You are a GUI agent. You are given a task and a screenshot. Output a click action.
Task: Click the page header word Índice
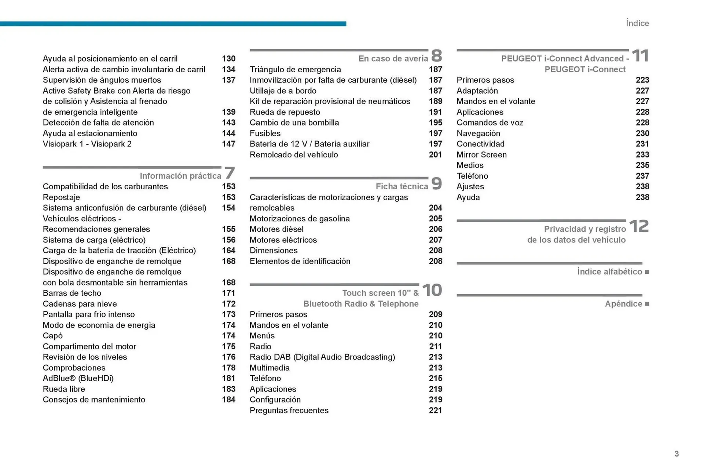(637, 23)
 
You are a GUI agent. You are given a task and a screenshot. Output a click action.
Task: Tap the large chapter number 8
(436, 56)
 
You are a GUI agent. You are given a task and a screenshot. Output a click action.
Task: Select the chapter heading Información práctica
(180, 176)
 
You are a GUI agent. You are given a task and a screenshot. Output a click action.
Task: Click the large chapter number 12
(639, 226)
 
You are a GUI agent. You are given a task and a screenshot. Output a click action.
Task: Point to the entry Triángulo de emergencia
(295, 69)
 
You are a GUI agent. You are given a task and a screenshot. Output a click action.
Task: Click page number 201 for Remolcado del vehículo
(435, 154)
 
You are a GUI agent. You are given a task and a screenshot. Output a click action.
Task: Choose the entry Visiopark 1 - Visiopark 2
(87, 144)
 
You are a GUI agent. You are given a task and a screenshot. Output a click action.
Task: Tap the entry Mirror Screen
(481, 154)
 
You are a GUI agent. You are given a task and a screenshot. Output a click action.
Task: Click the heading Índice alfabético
(609, 272)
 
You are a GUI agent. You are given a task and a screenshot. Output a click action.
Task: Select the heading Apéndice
(623, 304)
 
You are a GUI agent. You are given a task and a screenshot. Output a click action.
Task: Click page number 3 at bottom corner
(676, 453)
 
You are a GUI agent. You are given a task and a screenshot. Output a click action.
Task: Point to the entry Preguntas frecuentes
(289, 410)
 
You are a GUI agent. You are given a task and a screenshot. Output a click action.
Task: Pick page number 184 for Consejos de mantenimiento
(228, 400)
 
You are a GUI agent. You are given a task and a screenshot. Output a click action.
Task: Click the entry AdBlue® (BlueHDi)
(78, 378)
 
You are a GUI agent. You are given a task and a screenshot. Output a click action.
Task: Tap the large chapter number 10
(432, 290)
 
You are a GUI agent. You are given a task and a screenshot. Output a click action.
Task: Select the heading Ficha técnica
(401, 186)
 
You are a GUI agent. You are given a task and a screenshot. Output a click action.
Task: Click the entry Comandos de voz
(489, 123)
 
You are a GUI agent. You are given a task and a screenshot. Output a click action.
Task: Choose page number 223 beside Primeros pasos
(642, 80)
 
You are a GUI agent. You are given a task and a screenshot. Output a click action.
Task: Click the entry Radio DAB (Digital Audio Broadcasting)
(322, 357)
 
